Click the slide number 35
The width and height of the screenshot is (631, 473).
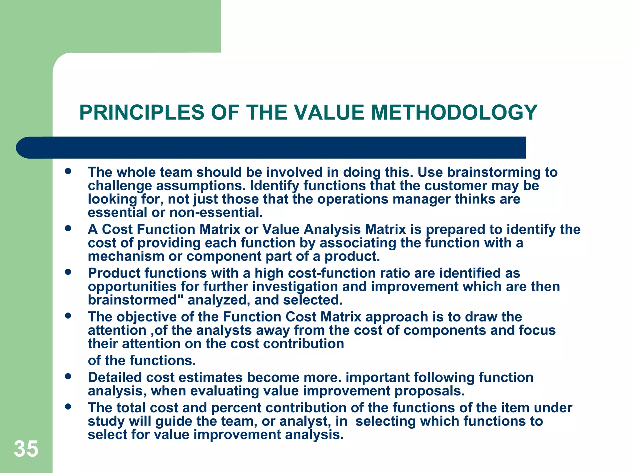[x=26, y=449]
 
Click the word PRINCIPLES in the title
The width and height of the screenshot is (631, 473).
[x=142, y=112]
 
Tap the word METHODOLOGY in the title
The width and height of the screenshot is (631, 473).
[x=454, y=112]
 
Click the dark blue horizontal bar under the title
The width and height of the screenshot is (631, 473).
[x=271, y=148]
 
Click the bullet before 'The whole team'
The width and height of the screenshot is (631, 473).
[x=68, y=171]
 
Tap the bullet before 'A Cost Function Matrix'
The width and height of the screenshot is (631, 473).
[x=68, y=228]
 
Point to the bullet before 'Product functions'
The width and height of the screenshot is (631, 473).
[x=68, y=272]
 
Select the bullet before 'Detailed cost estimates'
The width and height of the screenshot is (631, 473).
[x=68, y=376]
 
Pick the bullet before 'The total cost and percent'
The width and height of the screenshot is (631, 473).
[x=68, y=406]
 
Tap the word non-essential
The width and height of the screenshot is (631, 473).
[x=216, y=213]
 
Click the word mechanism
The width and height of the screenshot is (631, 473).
[x=126, y=257]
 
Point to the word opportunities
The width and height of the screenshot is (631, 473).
[x=132, y=287]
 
